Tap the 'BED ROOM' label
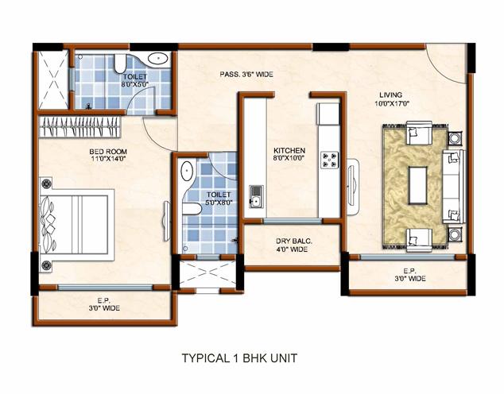coord(104,149)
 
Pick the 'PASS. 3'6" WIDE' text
coord(246,74)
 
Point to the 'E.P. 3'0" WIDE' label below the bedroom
coord(103,303)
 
